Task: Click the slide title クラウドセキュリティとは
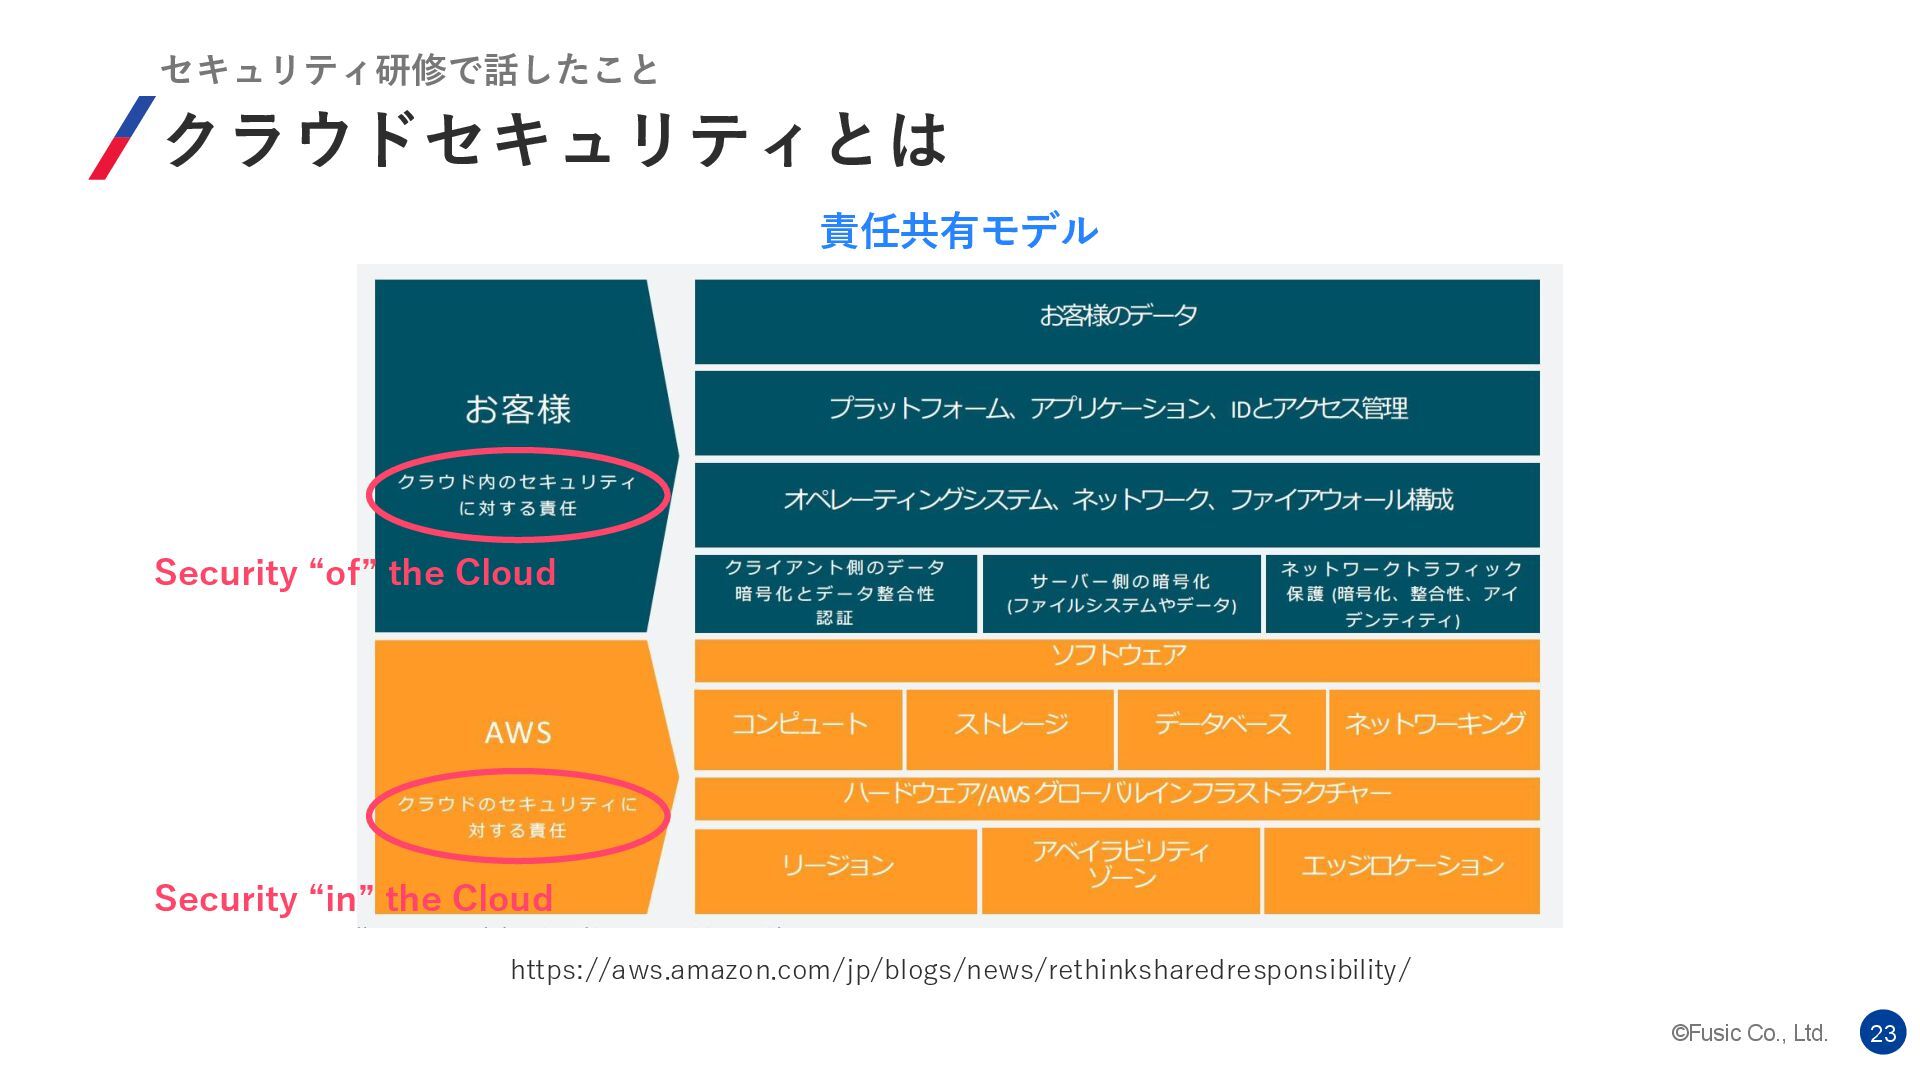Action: point(555,140)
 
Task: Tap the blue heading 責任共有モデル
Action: point(959,231)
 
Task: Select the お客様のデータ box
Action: point(1117,321)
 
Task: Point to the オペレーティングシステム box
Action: point(1117,503)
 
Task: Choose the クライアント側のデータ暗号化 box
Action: point(835,593)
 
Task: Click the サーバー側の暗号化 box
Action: point(1121,593)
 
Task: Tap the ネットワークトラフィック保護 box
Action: point(1402,593)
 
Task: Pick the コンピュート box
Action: point(799,728)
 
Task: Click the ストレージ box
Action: point(1010,728)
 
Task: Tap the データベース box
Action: point(1222,728)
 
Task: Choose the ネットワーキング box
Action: point(1434,728)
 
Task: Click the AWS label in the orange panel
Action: point(518,733)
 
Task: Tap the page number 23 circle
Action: point(1883,1033)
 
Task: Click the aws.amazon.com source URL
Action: point(960,970)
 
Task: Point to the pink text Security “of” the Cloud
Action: point(355,573)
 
